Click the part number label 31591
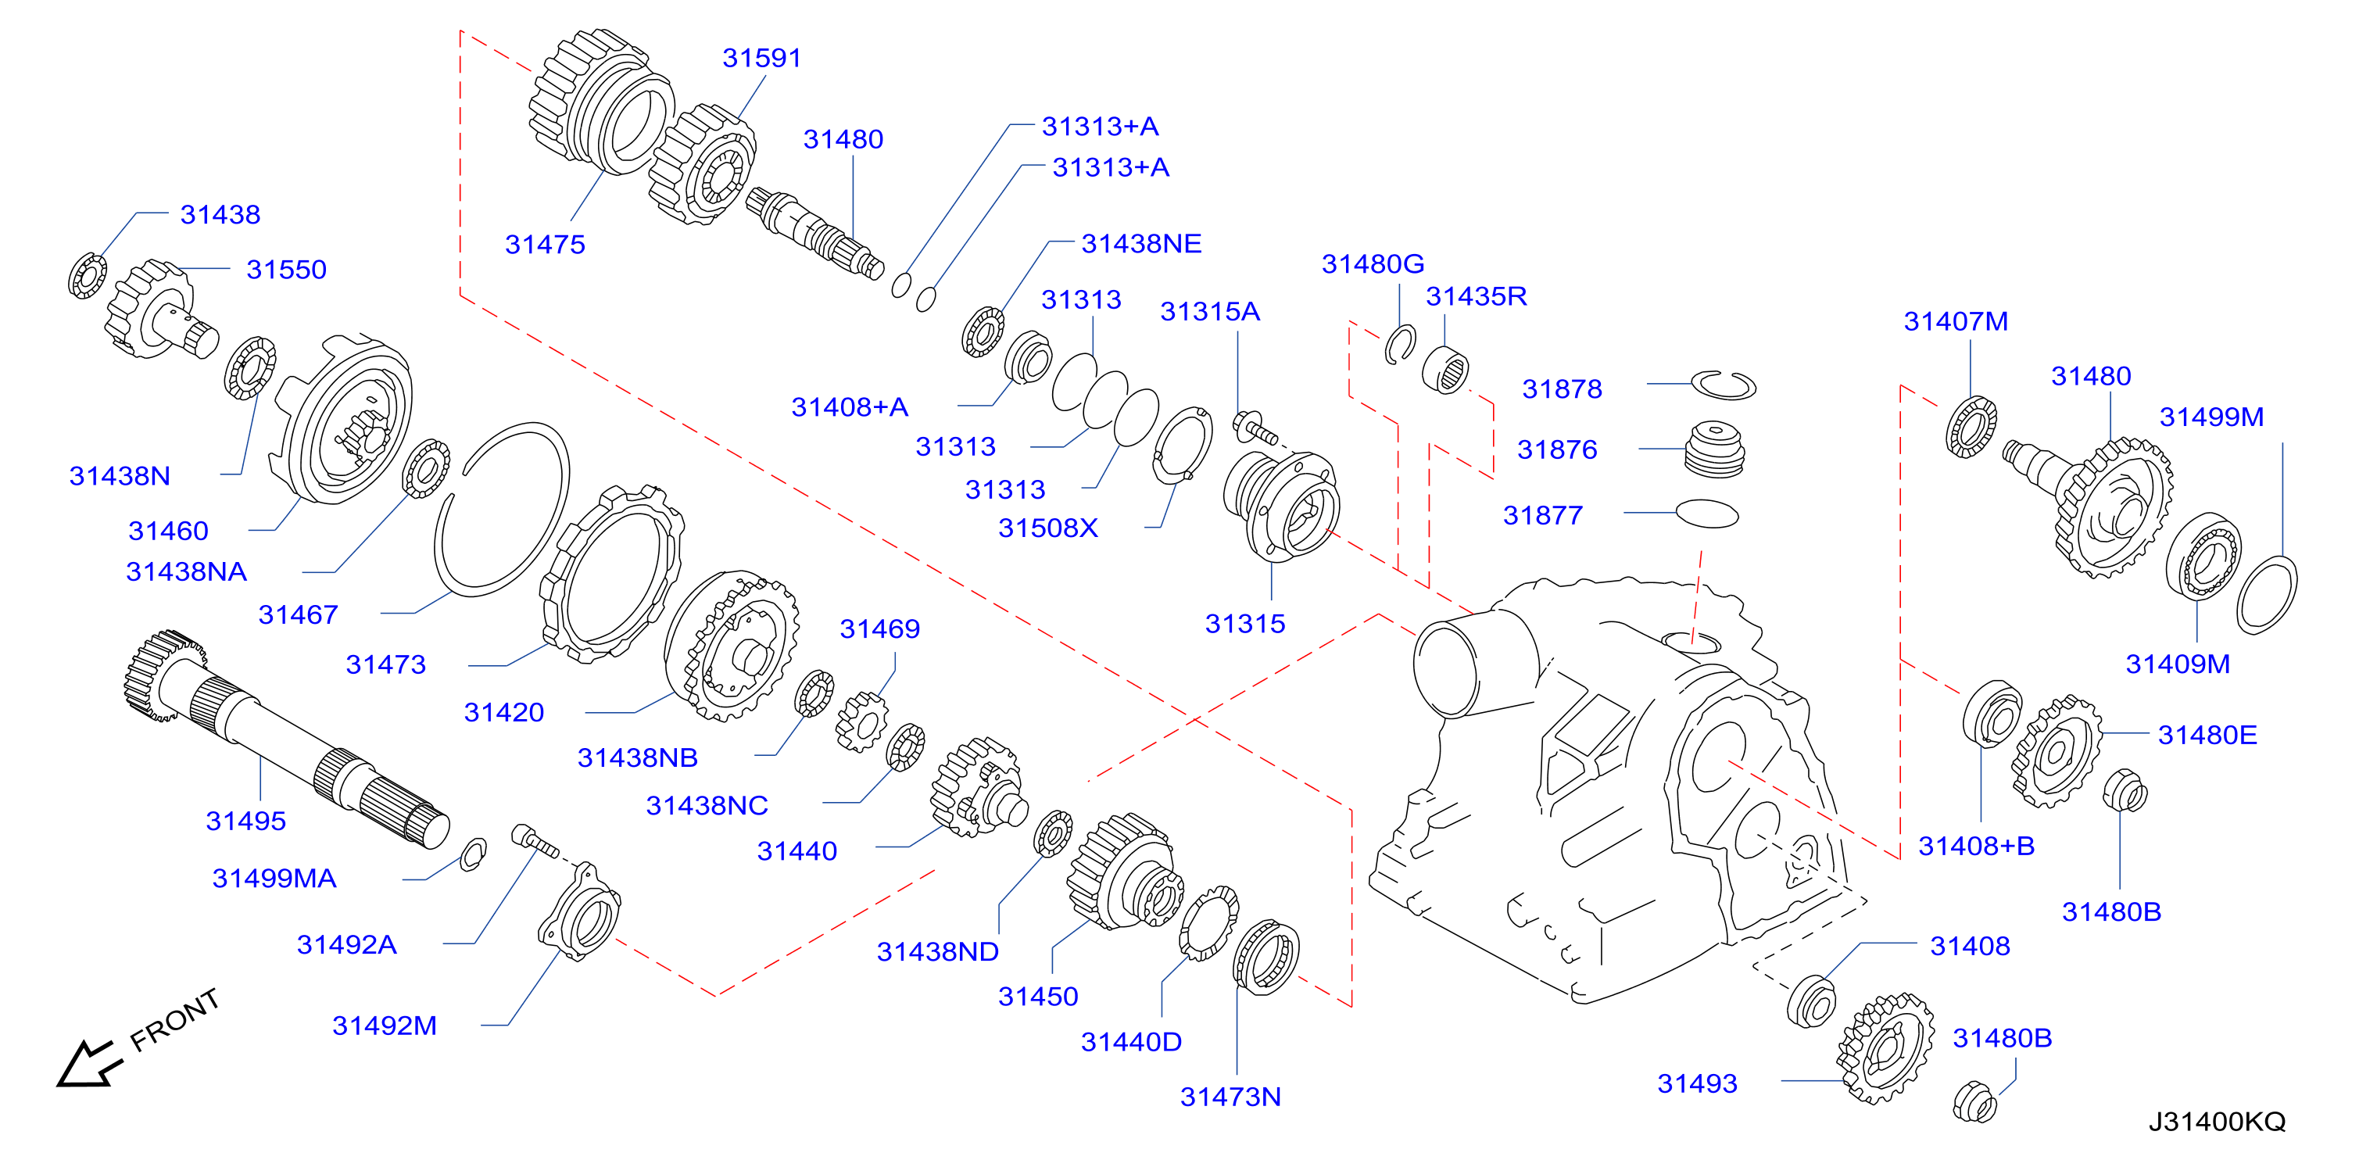(761, 58)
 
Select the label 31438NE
(1141, 244)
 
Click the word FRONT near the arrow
(174, 1020)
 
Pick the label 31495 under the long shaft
(245, 821)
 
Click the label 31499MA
(274, 878)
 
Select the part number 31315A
(1210, 312)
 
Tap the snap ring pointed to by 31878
(1723, 385)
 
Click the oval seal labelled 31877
(1706, 514)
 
